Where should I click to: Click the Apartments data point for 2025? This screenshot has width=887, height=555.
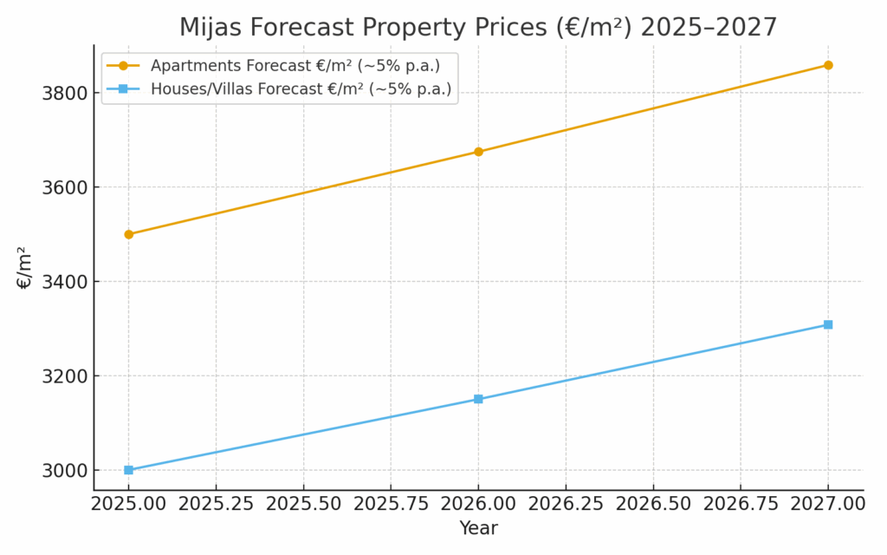pyautogui.click(x=129, y=234)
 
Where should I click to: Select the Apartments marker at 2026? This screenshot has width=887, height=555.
pyautogui.click(x=478, y=152)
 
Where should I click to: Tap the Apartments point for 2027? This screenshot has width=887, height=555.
pyautogui.click(x=828, y=65)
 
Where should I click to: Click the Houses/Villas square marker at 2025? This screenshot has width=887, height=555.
pyautogui.click(x=129, y=470)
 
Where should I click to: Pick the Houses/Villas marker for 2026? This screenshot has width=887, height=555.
pyautogui.click(x=478, y=399)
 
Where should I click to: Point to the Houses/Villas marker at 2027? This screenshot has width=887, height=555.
pyautogui.click(x=828, y=324)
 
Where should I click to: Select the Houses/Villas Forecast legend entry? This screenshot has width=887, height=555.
pyautogui.click(x=301, y=89)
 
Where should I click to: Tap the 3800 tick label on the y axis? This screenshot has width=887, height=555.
pyautogui.click(x=65, y=93)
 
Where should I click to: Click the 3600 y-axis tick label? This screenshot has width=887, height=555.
pyautogui.click(x=65, y=187)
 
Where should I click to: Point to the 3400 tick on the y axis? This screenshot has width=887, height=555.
pyautogui.click(x=65, y=282)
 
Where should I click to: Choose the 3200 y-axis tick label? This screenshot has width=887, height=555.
pyautogui.click(x=65, y=376)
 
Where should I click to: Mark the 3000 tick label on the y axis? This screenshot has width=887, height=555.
pyautogui.click(x=65, y=470)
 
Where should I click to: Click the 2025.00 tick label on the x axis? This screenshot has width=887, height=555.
pyautogui.click(x=129, y=503)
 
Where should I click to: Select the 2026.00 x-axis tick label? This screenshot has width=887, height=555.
pyautogui.click(x=478, y=503)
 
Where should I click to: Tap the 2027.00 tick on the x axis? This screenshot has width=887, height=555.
pyautogui.click(x=828, y=503)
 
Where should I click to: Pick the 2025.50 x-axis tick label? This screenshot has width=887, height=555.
pyautogui.click(x=303, y=503)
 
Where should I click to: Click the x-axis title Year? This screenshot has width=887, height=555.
pyautogui.click(x=478, y=528)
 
